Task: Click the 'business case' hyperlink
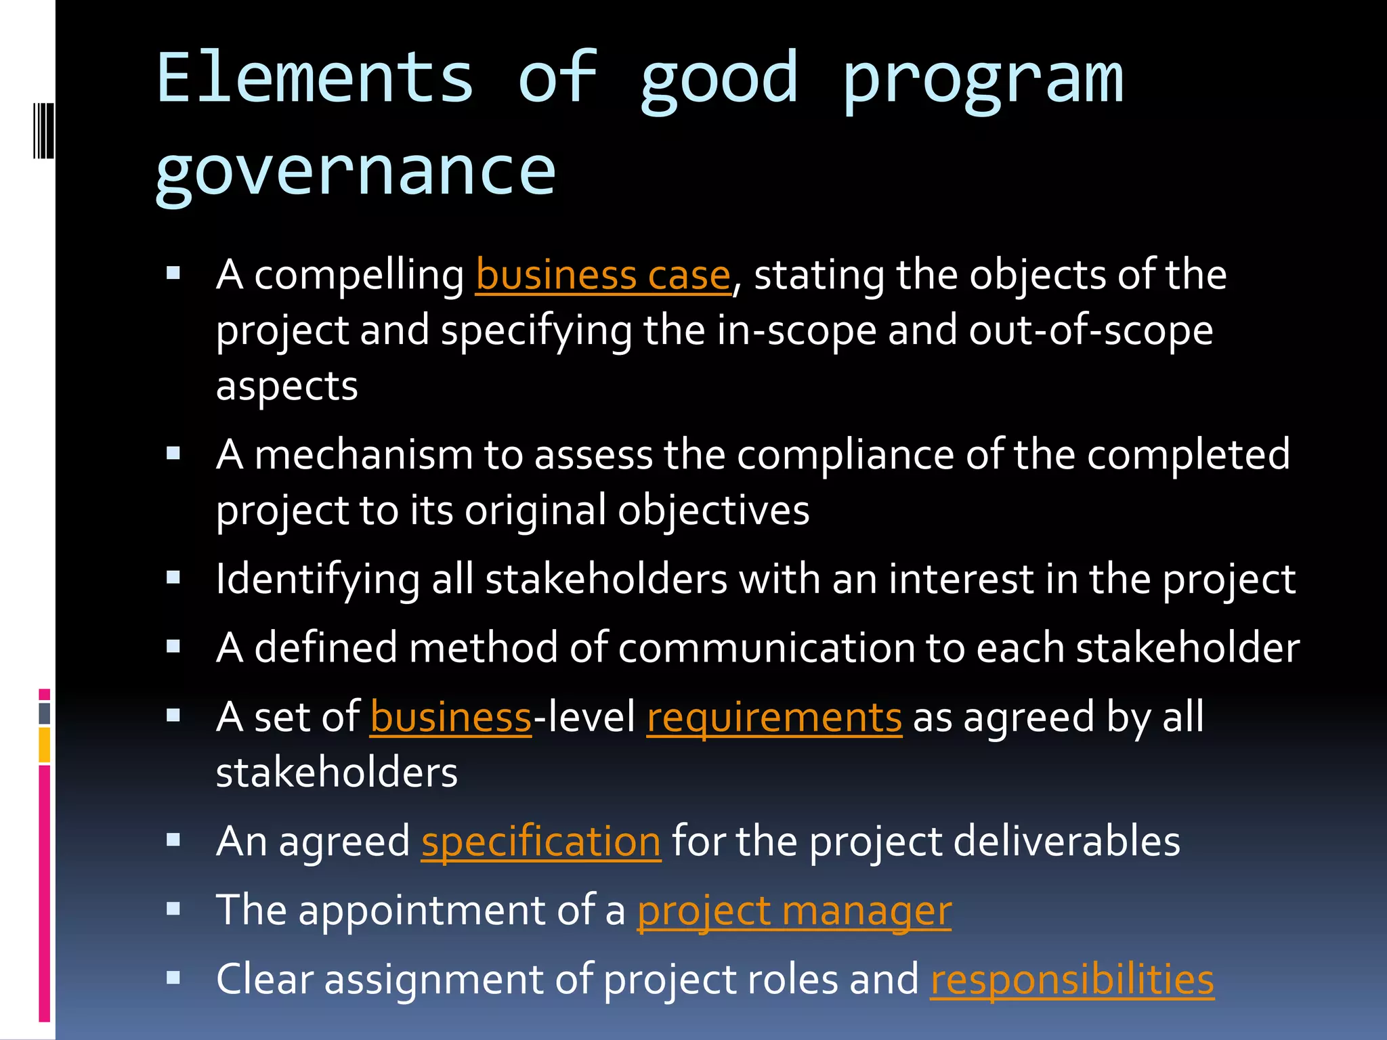click(x=603, y=276)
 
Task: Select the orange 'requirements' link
click(x=774, y=718)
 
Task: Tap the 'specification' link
click(x=540, y=842)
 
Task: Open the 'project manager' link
click(x=794, y=911)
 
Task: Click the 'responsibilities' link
click(x=1072, y=980)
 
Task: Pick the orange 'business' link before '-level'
click(x=451, y=718)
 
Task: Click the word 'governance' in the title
click(x=356, y=173)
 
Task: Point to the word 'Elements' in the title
click(x=315, y=79)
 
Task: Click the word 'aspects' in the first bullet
click(x=286, y=387)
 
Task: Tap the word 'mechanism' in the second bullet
click(x=364, y=454)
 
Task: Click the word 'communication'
click(x=766, y=648)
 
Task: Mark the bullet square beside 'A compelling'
click(x=173, y=274)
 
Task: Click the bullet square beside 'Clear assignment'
click(x=173, y=978)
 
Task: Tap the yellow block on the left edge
click(x=44, y=745)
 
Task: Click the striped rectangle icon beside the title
click(x=43, y=130)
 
